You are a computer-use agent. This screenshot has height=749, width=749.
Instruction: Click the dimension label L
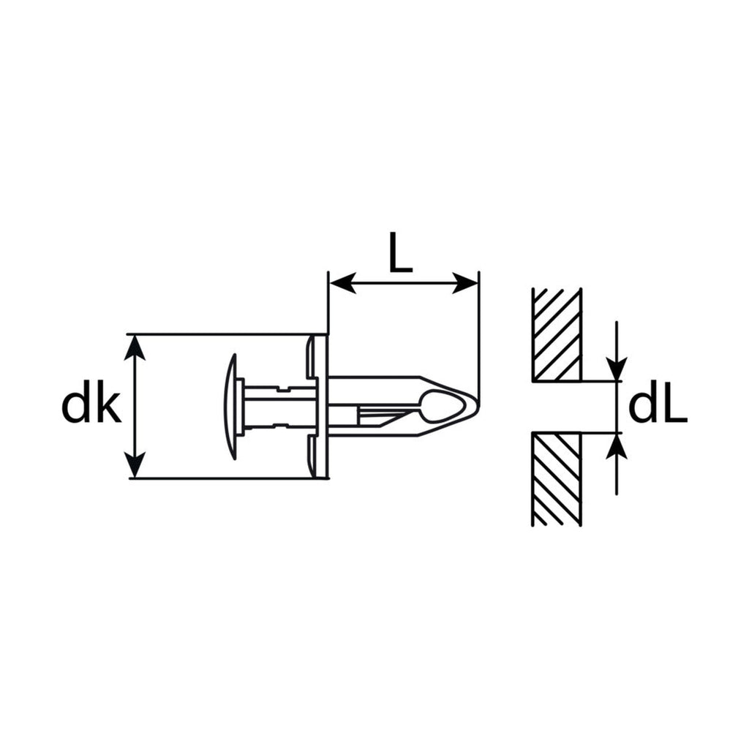[400, 252]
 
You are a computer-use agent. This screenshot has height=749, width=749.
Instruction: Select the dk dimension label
[91, 407]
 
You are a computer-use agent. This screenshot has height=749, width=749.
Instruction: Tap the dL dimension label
[658, 407]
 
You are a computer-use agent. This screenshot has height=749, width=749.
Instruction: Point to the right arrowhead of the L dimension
[464, 283]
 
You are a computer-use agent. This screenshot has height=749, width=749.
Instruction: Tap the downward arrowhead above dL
[617, 369]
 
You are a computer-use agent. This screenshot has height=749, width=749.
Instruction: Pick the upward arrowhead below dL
[617, 446]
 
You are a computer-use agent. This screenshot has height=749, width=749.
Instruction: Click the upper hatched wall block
[557, 335]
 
